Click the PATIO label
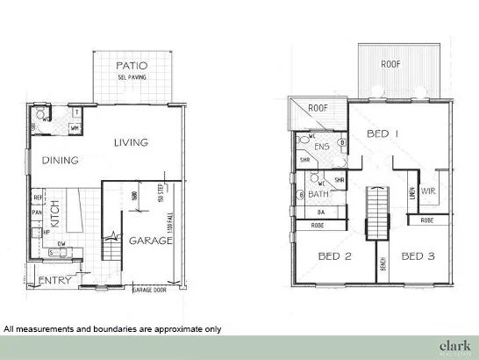coord(132,65)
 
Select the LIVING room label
coord(132,142)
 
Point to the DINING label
coord(61,161)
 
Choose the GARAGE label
coord(150,240)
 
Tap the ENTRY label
coord(54,281)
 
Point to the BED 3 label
coord(418,256)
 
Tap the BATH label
coord(318,193)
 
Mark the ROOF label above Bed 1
coord(391,65)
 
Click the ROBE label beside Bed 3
coord(426,220)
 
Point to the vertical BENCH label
coord(384,264)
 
